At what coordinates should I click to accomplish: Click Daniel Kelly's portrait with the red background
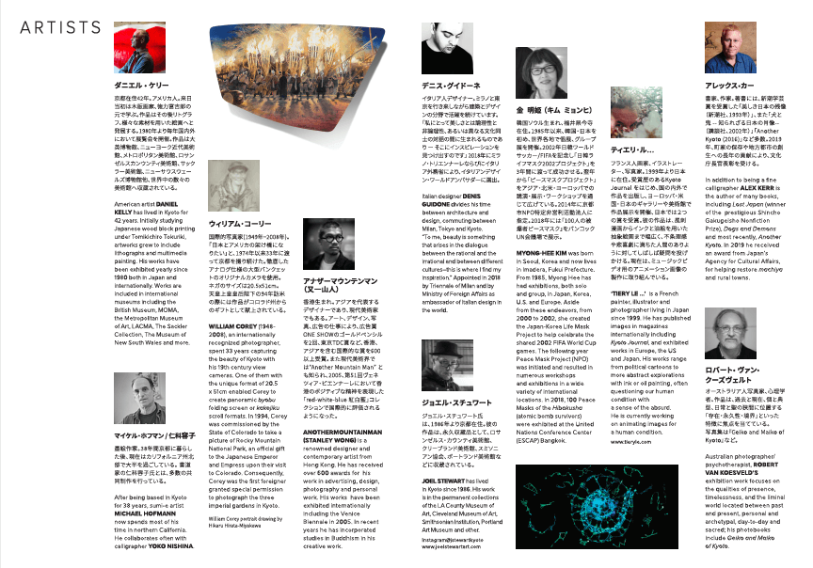coord(138,47)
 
